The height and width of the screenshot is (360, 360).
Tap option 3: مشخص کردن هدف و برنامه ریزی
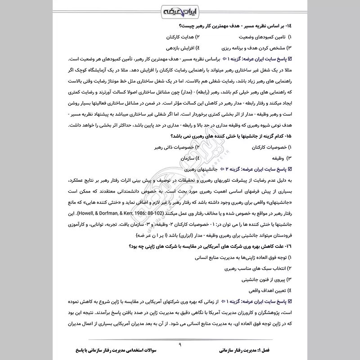click(x=252, y=48)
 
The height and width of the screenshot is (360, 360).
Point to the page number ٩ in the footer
click(x=180, y=344)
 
